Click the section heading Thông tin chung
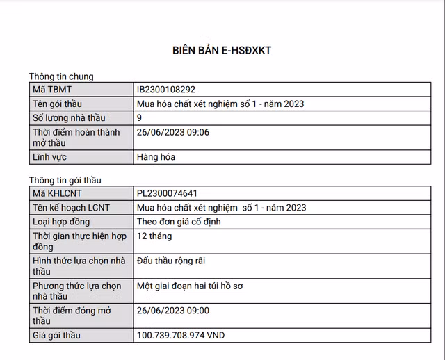[x=61, y=76]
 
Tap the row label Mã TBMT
[x=52, y=90]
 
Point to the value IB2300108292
[x=166, y=90]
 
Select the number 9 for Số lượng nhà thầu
[x=140, y=118]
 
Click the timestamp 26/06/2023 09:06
[x=173, y=132]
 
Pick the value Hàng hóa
[x=156, y=157]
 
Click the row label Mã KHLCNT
[x=59, y=193]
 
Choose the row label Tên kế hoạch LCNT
[x=71, y=208]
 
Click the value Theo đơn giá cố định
[x=184, y=222]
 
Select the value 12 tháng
[x=154, y=236]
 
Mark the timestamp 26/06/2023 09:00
[x=173, y=311]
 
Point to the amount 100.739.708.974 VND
[x=181, y=336]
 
